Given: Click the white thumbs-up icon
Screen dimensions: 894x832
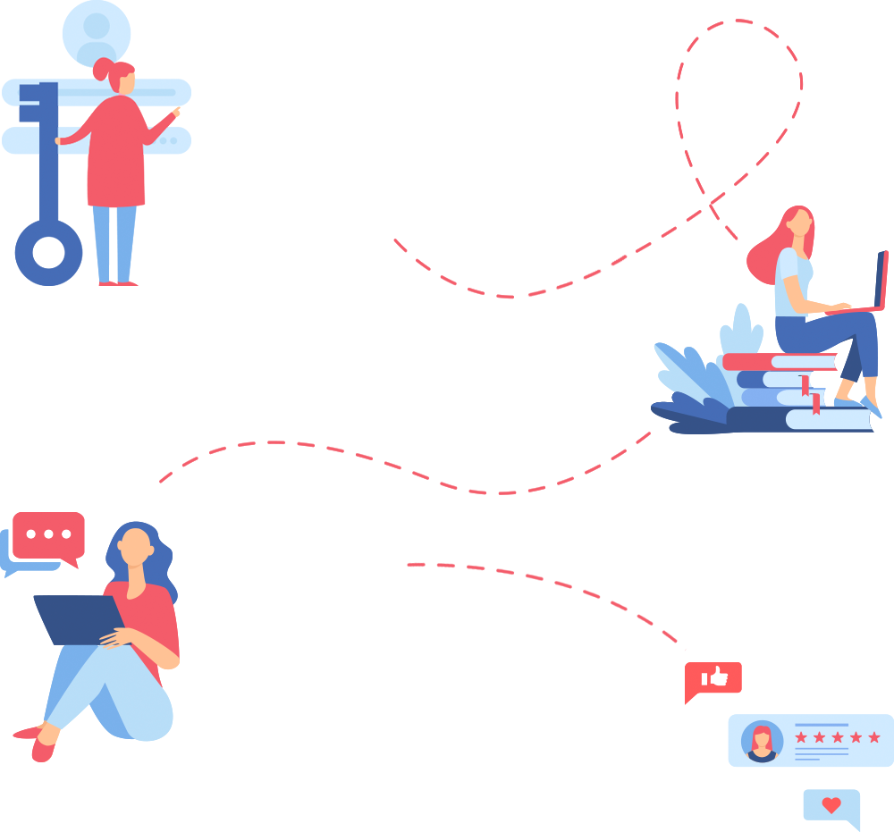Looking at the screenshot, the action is [x=715, y=677].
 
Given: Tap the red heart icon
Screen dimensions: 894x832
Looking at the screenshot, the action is [x=831, y=805].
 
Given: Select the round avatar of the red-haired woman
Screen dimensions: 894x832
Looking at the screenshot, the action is [x=762, y=741].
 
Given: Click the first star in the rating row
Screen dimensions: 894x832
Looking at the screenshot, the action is [x=801, y=737].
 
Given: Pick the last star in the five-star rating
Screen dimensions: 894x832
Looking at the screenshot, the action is [x=874, y=737].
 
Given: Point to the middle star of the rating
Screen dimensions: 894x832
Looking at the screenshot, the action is [x=838, y=737].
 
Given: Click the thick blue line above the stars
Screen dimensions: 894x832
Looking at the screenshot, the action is [x=821, y=725].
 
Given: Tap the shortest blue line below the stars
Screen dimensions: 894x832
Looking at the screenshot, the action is [x=806, y=760].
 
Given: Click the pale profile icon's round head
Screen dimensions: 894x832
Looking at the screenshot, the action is [x=96, y=26].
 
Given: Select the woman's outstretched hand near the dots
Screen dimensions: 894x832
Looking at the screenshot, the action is [x=181, y=113].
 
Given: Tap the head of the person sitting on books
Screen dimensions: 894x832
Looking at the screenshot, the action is [x=798, y=221].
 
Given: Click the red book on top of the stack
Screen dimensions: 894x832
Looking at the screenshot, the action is [x=778, y=361].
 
